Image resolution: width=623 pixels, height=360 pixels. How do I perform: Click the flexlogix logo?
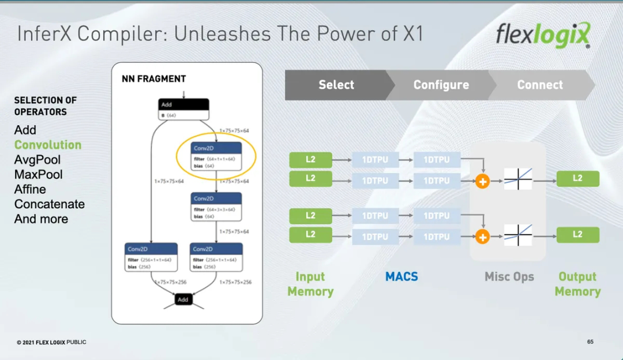click(x=543, y=35)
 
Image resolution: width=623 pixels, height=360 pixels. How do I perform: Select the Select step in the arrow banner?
click(x=336, y=85)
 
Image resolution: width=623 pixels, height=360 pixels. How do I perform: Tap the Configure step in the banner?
click(x=441, y=85)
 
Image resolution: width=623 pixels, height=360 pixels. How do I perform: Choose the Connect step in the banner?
click(x=540, y=85)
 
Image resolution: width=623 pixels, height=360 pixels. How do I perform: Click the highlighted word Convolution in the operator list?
click(x=48, y=145)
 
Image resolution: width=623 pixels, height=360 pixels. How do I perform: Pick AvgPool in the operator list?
click(x=37, y=160)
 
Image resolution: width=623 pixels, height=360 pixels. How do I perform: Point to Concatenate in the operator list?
click(x=50, y=204)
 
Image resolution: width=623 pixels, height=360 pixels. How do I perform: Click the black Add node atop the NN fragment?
click(x=183, y=109)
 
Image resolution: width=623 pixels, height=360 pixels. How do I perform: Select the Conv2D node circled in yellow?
click(x=216, y=157)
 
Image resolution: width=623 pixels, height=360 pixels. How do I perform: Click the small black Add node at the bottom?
click(x=183, y=299)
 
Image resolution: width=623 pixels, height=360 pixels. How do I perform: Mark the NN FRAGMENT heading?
click(x=154, y=78)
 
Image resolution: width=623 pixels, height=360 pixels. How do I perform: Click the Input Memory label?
click(x=310, y=284)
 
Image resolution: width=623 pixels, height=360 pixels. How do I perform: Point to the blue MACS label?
click(x=401, y=277)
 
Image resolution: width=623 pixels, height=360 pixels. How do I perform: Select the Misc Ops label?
click(x=509, y=277)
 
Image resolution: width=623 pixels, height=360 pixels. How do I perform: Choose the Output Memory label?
click(x=577, y=284)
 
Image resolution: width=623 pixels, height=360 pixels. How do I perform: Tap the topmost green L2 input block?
click(x=310, y=160)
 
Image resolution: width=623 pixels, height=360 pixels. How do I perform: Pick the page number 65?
click(x=590, y=342)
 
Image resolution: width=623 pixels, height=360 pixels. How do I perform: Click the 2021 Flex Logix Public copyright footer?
click(x=51, y=342)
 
